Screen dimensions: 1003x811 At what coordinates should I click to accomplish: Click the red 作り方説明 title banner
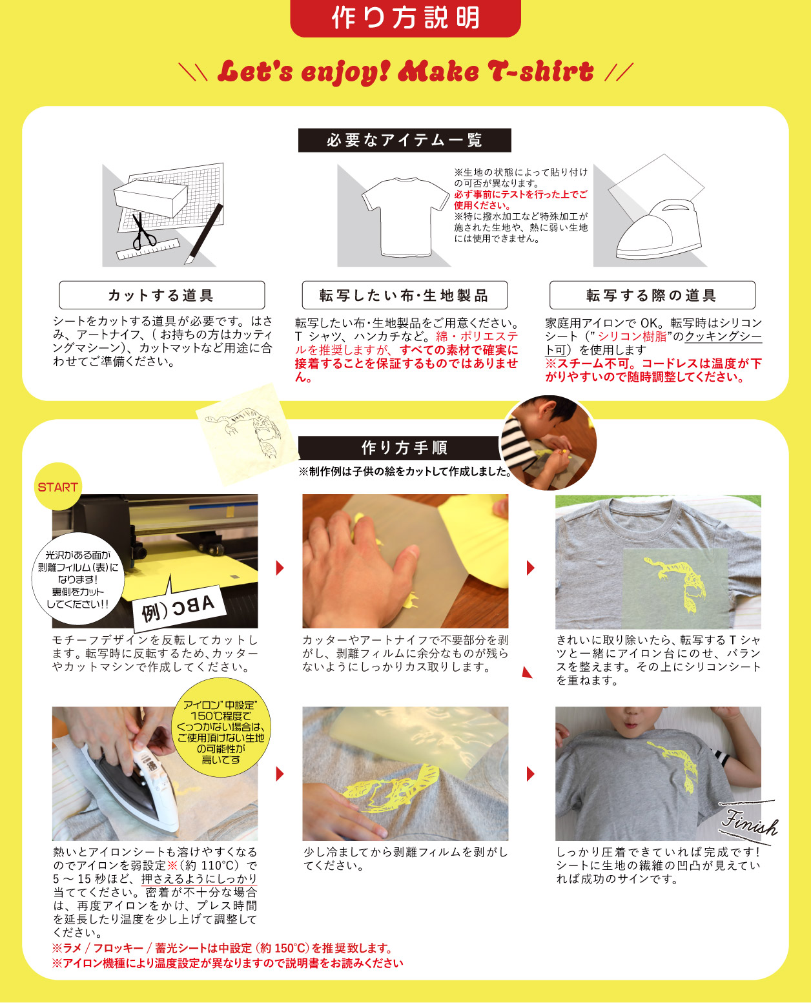[x=405, y=18]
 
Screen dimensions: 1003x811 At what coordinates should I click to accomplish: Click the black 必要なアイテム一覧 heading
[x=404, y=140]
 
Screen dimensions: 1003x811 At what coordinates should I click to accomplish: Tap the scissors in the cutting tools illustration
[x=143, y=232]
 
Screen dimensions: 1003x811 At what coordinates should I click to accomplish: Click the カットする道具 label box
[x=161, y=295]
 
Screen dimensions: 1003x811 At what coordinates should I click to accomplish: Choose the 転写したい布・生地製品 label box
[x=404, y=295]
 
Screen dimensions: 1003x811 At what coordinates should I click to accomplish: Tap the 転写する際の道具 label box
[x=652, y=295]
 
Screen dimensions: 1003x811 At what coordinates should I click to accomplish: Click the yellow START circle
[x=57, y=487]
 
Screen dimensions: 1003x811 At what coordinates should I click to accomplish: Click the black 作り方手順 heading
[x=404, y=448]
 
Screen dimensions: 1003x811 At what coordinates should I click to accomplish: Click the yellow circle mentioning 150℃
[x=221, y=732]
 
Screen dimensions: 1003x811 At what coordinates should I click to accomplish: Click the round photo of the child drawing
[x=549, y=443]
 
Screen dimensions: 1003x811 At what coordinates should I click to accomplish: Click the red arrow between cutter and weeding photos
[x=280, y=568]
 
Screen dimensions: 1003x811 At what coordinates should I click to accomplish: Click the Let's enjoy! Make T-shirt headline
[x=405, y=72]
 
